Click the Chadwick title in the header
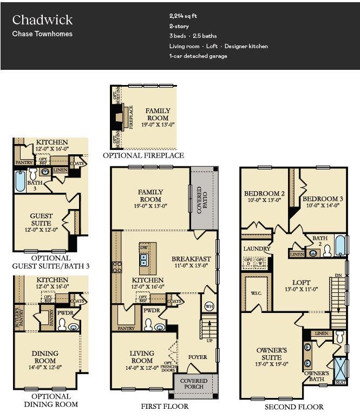[42, 20]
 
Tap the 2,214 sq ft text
[183, 16]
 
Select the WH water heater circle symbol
[208, 306]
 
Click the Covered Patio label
[200, 200]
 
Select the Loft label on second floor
[302, 283]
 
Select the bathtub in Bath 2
[339, 245]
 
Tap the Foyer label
[198, 357]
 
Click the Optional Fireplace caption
[143, 155]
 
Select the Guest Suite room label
[41, 219]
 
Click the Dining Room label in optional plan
[45, 357]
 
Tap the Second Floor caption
[294, 407]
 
